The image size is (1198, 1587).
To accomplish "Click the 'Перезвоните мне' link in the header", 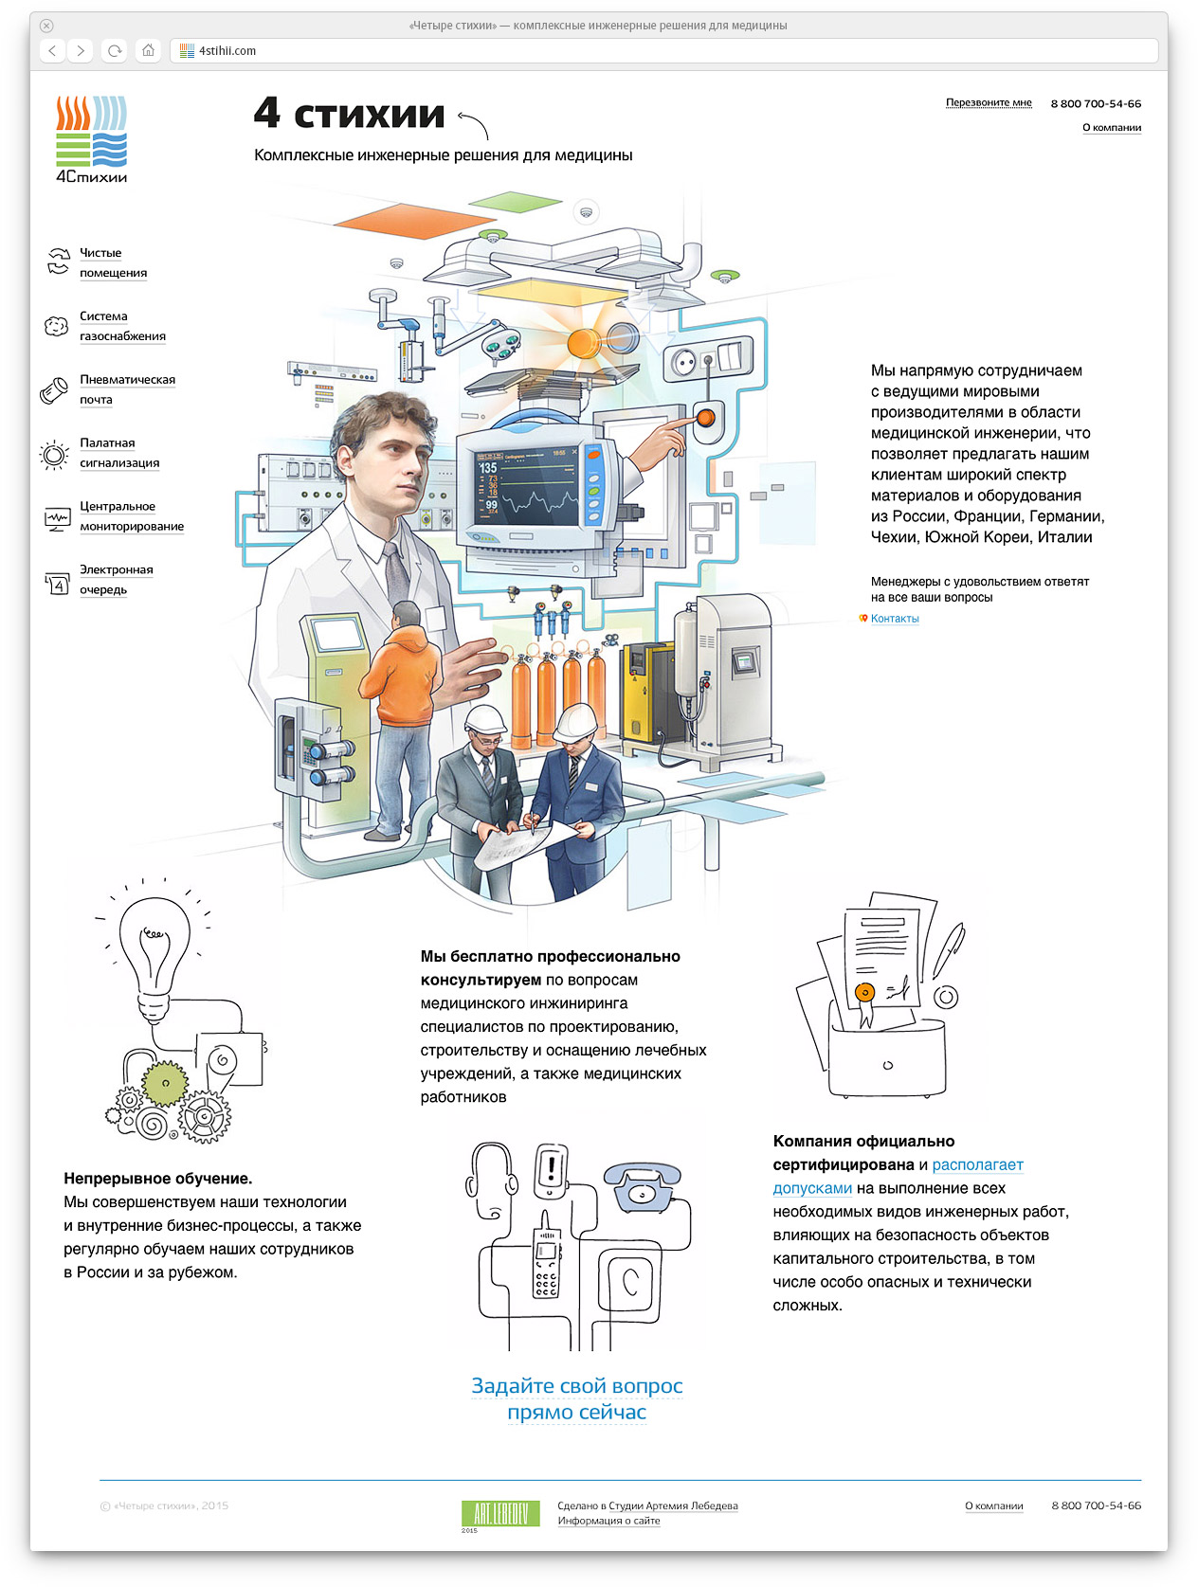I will point(988,102).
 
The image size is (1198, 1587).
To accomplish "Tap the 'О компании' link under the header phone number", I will point(1111,128).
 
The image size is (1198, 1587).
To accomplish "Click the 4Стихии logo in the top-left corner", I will point(91,138).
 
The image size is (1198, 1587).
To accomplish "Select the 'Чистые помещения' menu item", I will point(113,262).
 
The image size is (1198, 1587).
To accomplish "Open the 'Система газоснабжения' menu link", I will point(122,326).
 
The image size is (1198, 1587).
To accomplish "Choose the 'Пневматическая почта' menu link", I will point(127,389).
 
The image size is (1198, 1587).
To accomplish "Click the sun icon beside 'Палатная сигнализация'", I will point(55,456).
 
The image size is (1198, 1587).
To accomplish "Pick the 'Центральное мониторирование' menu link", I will point(131,516).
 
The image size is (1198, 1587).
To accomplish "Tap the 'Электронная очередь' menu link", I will point(116,579).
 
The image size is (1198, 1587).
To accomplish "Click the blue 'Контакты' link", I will point(895,619).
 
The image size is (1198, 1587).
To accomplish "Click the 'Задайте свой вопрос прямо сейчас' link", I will point(576,1398).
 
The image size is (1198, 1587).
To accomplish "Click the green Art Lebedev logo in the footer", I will point(500,1513).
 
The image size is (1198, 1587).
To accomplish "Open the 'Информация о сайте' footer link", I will point(608,1521).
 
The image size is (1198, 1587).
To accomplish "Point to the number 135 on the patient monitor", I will point(488,468).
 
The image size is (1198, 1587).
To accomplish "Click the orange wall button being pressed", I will point(706,416).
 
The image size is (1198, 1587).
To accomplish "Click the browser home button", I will point(148,51).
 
